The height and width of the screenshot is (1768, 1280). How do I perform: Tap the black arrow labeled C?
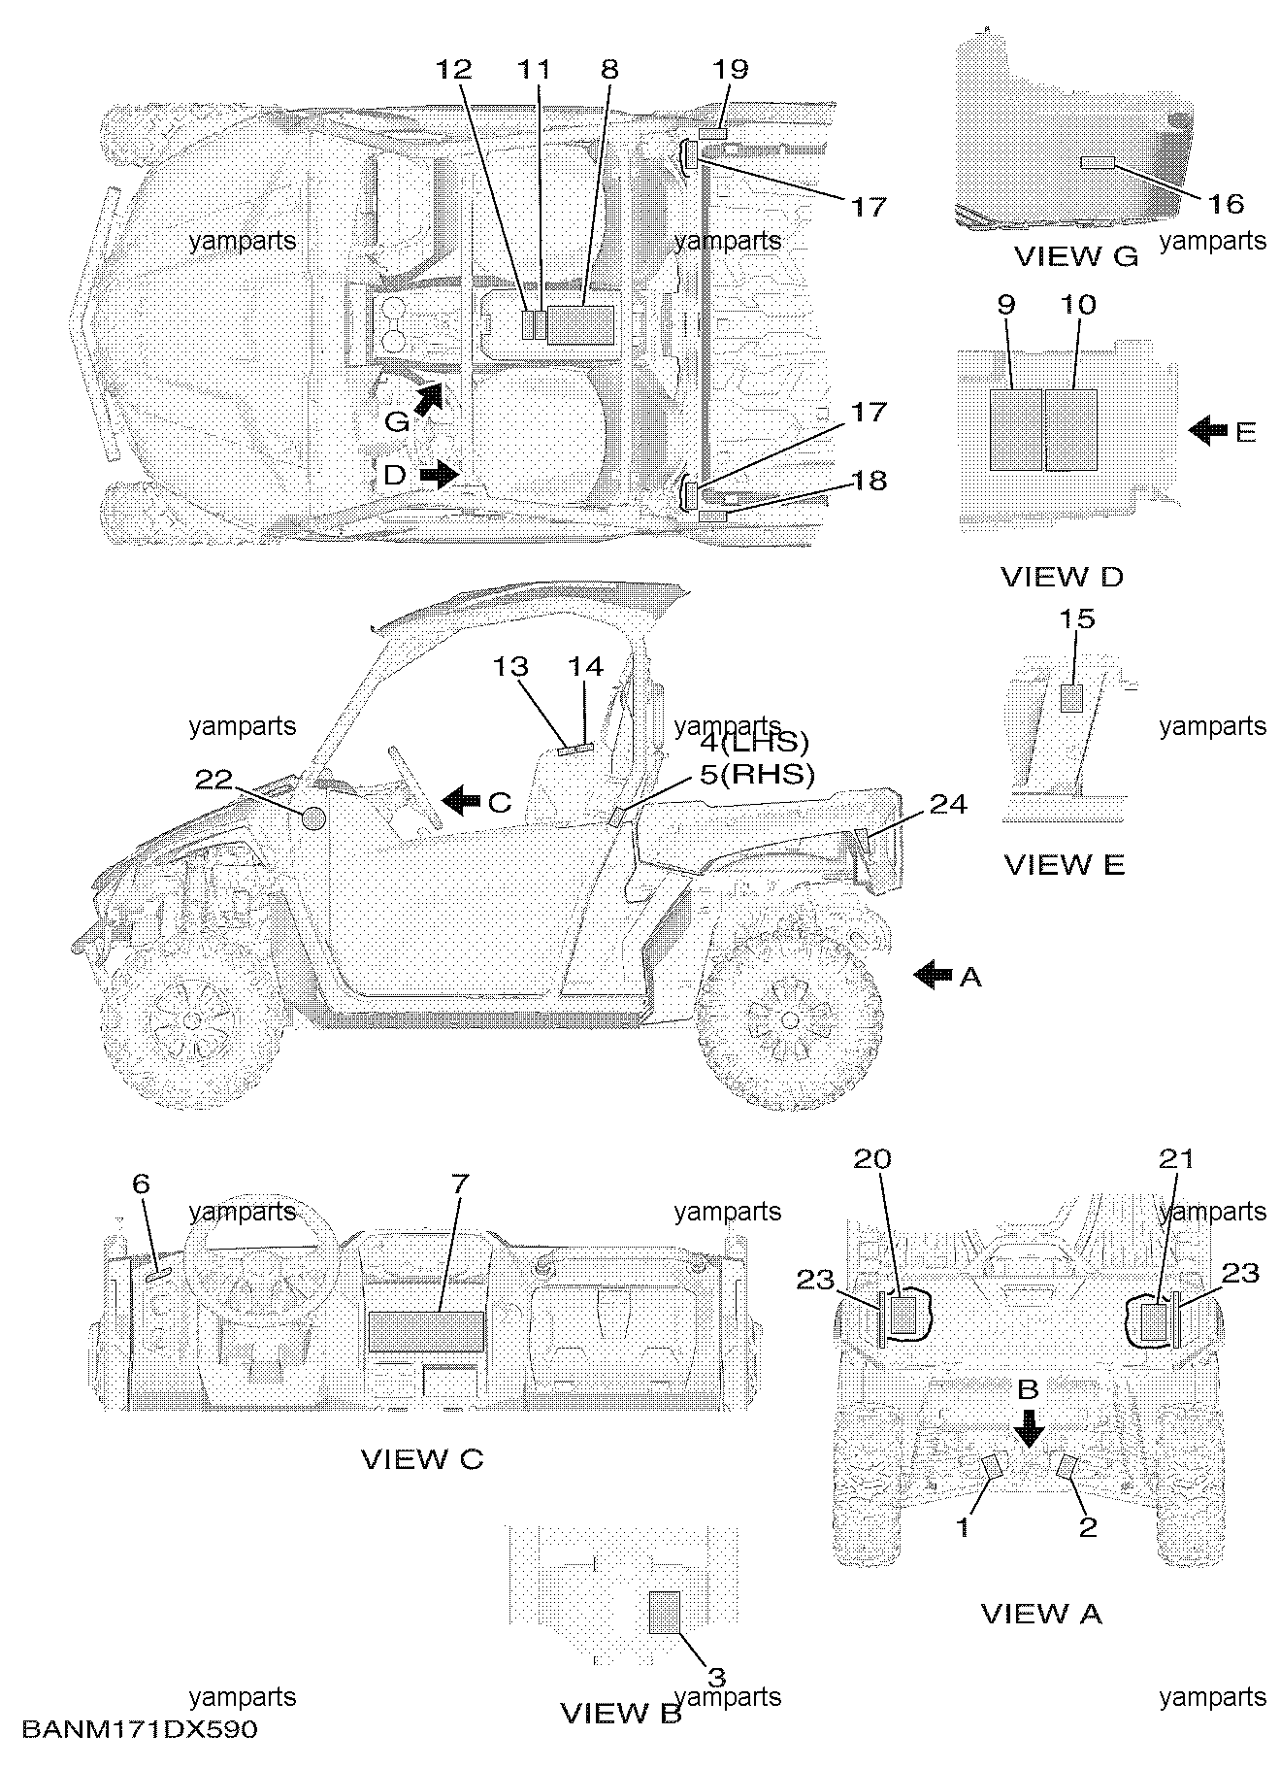tap(461, 800)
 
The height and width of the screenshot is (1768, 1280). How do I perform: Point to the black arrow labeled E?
tap(1208, 430)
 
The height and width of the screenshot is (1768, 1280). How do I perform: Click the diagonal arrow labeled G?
tap(425, 399)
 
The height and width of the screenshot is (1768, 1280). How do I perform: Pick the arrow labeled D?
tap(440, 475)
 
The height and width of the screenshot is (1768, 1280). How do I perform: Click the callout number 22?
tap(214, 779)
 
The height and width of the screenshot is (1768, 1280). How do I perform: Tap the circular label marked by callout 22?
tap(313, 818)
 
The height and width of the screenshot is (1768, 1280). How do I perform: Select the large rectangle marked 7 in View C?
tap(426, 1330)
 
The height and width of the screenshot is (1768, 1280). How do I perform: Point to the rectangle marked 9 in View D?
tap(1015, 430)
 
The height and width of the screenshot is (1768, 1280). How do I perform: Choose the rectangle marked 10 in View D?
tap(1071, 430)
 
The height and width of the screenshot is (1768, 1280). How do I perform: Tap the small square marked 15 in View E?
tap(1071, 698)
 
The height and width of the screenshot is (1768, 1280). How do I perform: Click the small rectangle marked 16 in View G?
tap(1099, 161)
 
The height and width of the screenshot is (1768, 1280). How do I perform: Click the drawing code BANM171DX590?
tap(140, 1729)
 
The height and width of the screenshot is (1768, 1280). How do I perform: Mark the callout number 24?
tap(948, 805)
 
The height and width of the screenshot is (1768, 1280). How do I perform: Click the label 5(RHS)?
tap(758, 774)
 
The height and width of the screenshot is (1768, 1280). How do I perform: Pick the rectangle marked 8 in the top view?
tap(580, 325)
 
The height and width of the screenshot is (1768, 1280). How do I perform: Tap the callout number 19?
tap(731, 69)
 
